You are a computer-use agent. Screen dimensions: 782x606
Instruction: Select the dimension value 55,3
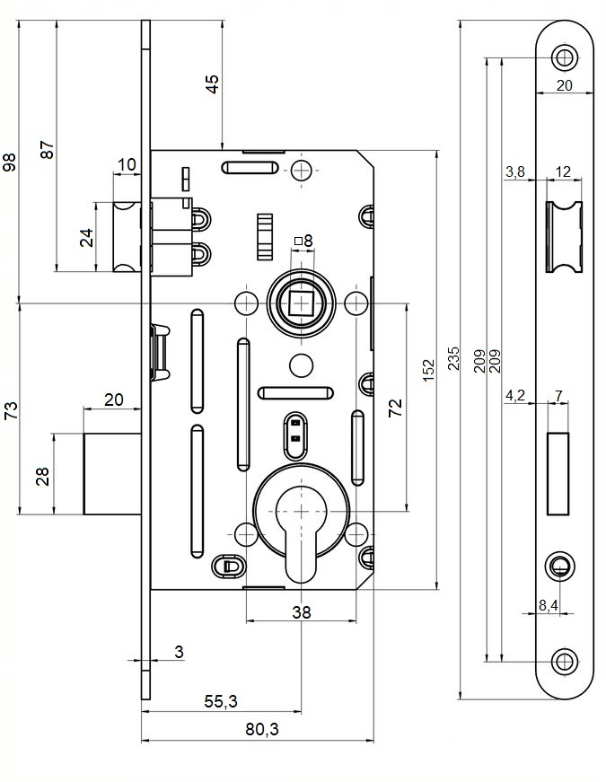(x=221, y=700)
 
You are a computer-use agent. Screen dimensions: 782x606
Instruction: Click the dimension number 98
(x=10, y=163)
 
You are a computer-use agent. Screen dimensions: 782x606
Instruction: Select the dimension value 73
(x=10, y=410)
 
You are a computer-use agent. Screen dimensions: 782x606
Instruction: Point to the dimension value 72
(x=396, y=409)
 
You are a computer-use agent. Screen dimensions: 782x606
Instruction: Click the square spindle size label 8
(x=307, y=241)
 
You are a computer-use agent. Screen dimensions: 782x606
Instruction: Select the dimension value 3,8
(x=515, y=171)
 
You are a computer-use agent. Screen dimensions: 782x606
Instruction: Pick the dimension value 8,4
(x=548, y=606)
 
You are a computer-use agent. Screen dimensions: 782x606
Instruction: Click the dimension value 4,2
(x=515, y=395)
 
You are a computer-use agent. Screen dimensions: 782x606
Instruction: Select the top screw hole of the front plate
(x=564, y=58)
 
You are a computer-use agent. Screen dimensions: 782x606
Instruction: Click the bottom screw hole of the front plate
(x=564, y=661)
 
